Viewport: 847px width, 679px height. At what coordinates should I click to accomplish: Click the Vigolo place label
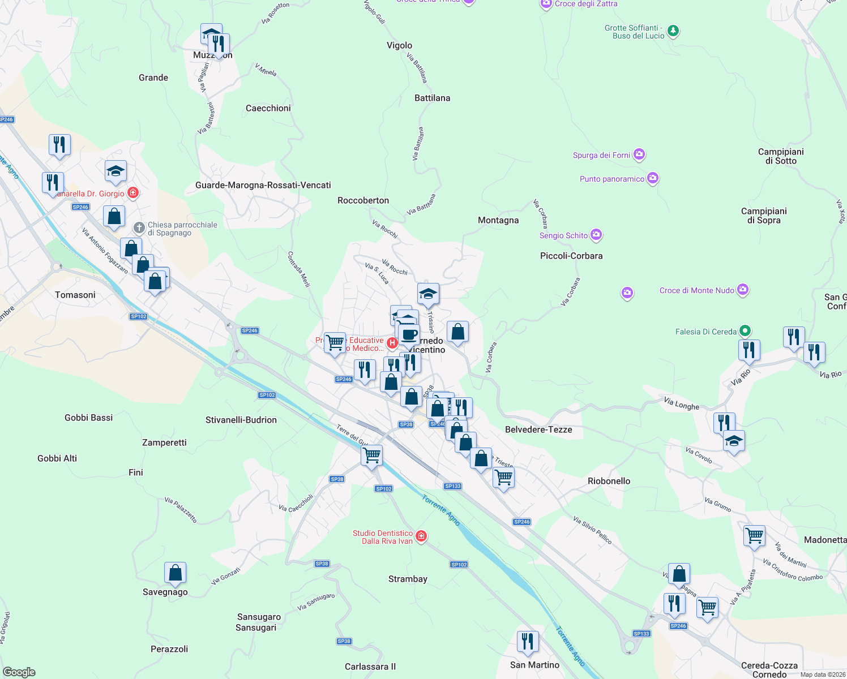click(399, 45)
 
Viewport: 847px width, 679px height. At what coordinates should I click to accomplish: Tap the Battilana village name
click(432, 98)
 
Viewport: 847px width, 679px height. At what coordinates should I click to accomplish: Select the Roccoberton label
click(363, 200)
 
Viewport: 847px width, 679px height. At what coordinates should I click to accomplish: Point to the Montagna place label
click(498, 220)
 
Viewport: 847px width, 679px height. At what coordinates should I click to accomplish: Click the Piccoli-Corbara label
click(571, 256)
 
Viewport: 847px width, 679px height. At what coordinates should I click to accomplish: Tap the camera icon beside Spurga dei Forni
click(639, 154)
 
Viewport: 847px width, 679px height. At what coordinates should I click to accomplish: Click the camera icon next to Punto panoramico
click(653, 178)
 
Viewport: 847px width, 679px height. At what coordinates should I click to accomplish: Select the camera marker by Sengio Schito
click(596, 235)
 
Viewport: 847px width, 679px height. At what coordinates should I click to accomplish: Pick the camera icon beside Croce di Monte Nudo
click(743, 290)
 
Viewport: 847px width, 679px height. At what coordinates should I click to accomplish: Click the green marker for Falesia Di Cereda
click(745, 331)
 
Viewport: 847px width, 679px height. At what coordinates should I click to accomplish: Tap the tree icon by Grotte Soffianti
click(673, 31)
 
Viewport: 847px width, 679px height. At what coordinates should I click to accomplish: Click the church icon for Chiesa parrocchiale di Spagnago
click(139, 228)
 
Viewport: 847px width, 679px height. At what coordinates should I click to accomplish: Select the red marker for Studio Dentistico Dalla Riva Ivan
click(421, 536)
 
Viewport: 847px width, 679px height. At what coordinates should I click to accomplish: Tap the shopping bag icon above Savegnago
click(176, 573)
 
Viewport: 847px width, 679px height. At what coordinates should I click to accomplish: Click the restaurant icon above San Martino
click(527, 642)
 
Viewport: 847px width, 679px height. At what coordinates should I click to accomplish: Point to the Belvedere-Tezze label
click(538, 429)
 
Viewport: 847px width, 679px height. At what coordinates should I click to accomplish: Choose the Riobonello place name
click(609, 481)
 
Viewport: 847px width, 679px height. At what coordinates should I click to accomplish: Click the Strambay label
click(408, 579)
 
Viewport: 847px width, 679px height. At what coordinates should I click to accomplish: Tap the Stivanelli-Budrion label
click(241, 420)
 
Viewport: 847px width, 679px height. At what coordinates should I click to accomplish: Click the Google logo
click(19, 672)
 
